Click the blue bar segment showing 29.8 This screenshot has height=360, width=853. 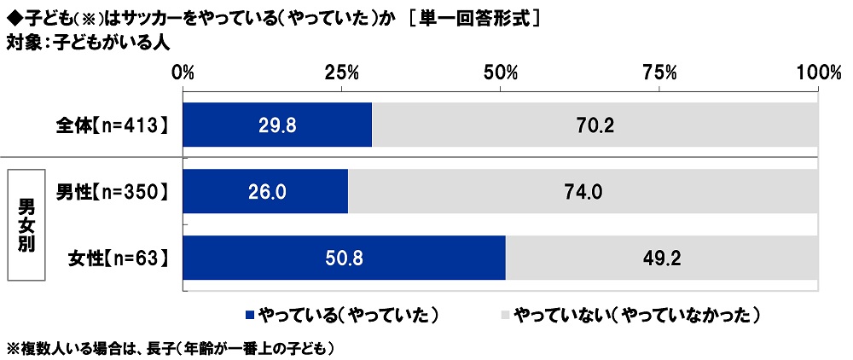click(277, 125)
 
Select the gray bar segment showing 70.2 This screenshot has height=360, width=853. click(595, 125)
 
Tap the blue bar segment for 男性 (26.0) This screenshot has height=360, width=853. click(265, 192)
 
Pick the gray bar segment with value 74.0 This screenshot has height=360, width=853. click(583, 192)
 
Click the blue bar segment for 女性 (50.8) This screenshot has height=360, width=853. click(344, 258)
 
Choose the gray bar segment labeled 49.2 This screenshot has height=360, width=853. click(662, 258)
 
